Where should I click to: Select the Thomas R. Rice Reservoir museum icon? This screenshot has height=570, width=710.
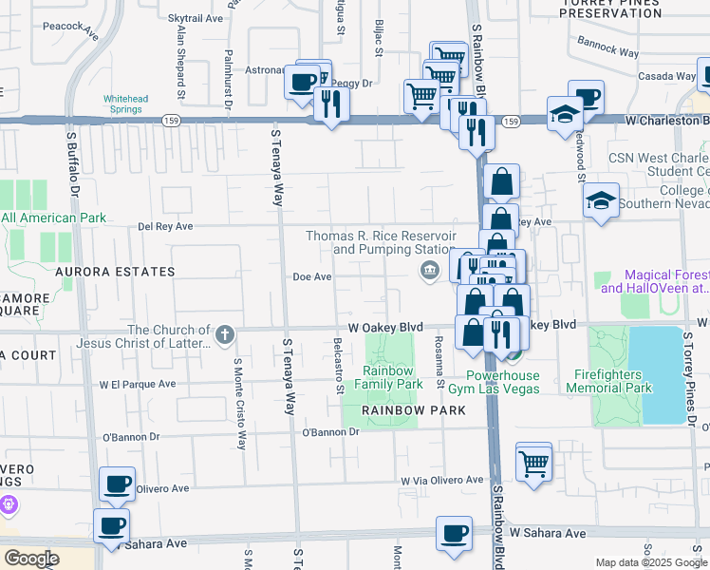(430, 272)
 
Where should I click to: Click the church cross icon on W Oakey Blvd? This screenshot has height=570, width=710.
(225, 334)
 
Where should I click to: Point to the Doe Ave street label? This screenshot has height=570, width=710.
(311, 277)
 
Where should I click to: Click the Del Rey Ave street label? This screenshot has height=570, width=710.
(165, 227)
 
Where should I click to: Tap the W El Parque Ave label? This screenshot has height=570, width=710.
(138, 385)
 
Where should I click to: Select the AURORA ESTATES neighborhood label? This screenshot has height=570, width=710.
(115, 272)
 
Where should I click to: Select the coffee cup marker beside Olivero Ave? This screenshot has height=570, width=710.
(117, 484)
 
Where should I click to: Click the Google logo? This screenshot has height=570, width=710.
(31, 558)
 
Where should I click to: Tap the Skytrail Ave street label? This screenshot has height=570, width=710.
(195, 18)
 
